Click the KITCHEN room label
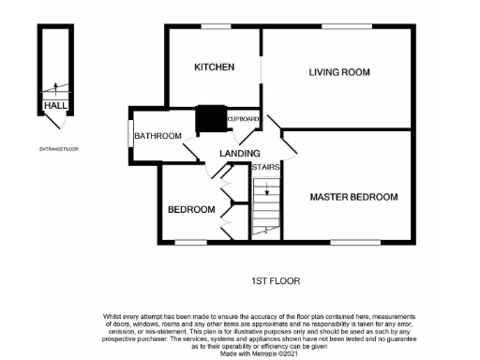click(x=213, y=67)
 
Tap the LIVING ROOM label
click(x=339, y=72)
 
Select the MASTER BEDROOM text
click(x=354, y=197)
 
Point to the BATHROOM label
click(x=157, y=136)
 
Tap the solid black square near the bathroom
click(x=206, y=120)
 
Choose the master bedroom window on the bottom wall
click(x=349, y=242)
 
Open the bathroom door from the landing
click(x=189, y=150)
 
